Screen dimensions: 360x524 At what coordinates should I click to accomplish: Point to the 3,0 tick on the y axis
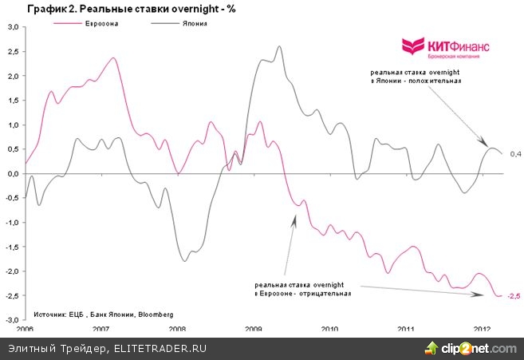[14, 27]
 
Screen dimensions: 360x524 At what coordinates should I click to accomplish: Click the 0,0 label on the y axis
[14, 173]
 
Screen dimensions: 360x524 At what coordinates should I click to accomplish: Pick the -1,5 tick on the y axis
[13, 247]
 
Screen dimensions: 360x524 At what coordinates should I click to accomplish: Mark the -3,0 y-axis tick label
[13, 319]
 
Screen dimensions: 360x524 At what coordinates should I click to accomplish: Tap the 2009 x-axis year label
[254, 328]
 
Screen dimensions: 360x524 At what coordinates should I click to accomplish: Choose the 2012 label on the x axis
[483, 328]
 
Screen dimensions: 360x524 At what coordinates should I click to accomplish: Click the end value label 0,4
[515, 153]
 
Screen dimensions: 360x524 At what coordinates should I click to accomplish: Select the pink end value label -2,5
[514, 297]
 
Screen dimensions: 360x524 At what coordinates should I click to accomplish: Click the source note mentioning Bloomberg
[103, 315]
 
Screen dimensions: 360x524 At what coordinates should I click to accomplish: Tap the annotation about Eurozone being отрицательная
[303, 289]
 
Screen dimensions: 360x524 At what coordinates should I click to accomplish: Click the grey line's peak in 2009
[279, 46]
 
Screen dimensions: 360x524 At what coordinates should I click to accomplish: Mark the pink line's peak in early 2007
[113, 58]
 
